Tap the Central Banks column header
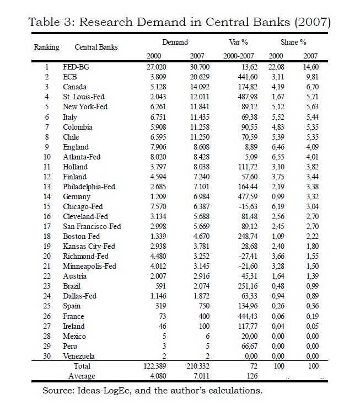[96, 47]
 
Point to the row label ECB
[70, 77]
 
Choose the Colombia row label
[78, 127]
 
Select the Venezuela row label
[79, 355]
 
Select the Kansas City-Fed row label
[89, 246]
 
